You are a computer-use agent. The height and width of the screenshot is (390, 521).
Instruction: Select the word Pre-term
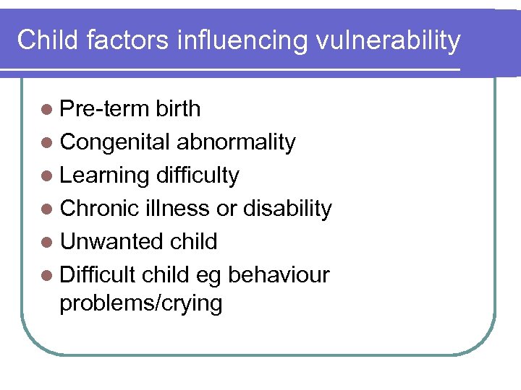pyautogui.click(x=104, y=109)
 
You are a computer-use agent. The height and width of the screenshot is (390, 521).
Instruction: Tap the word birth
pyautogui.click(x=177, y=109)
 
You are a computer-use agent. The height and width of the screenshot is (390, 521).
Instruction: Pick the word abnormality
pyautogui.click(x=236, y=142)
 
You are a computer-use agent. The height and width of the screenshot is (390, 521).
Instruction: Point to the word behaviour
pyautogui.click(x=279, y=275)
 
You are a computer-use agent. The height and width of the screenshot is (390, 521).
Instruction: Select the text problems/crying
pyautogui.click(x=141, y=303)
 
